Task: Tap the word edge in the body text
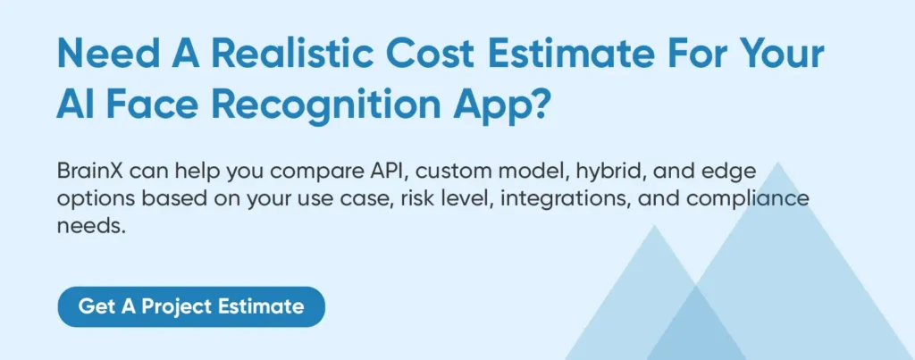pyautogui.click(x=731, y=172)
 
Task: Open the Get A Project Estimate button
pyautogui.click(x=191, y=307)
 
